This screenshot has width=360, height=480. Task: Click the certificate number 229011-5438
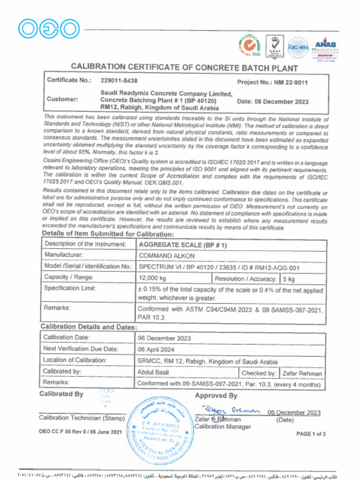pos(119,81)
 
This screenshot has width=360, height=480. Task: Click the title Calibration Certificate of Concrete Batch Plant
pos(184,67)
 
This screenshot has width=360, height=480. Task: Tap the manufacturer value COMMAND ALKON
pos(166,256)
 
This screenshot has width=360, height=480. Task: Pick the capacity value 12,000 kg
pos(153,278)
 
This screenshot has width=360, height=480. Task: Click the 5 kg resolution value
pos(289,279)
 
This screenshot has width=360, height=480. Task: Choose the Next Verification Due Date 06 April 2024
pos(156,349)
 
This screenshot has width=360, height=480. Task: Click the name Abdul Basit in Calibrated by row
pos(153,372)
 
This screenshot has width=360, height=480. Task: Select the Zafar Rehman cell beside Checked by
pos(302,373)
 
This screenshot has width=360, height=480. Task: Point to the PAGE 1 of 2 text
pos(311,434)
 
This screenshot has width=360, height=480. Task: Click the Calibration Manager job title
pos(223,427)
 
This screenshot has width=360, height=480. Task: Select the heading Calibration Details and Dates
pos(89,327)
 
